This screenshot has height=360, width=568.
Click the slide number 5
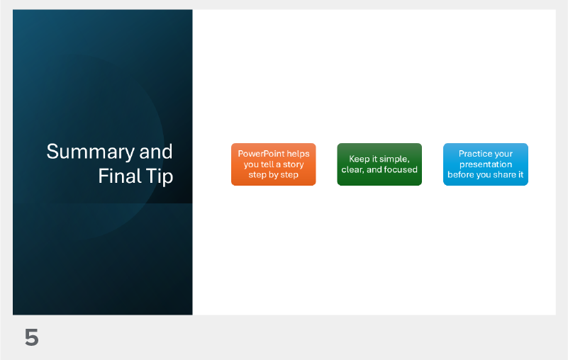(31, 338)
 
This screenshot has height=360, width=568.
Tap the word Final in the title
(115, 176)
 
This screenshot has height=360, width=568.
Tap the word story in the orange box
(291, 164)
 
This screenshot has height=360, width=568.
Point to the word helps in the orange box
(299, 154)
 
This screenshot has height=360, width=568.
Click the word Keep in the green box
(360, 159)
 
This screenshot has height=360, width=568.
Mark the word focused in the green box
(401, 170)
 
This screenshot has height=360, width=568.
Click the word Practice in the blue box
(475, 154)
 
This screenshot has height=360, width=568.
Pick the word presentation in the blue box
(485, 164)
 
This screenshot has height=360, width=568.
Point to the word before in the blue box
(461, 174)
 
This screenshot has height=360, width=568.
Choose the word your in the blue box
(503, 154)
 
